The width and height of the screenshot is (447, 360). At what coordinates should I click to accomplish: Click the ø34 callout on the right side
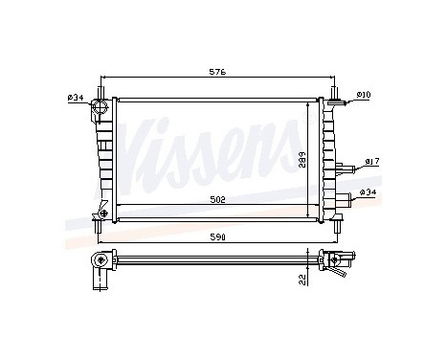pyautogui.click(x=369, y=192)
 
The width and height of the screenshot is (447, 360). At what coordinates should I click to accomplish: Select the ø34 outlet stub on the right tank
pyautogui.click(x=340, y=202)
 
